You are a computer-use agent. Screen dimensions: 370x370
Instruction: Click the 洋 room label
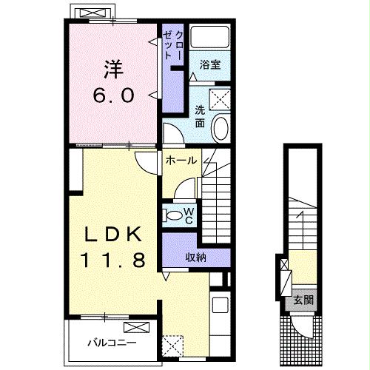coord(113,70)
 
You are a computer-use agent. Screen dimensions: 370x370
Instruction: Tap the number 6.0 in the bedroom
coord(114,95)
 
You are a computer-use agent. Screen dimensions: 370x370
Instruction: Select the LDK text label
coord(113,234)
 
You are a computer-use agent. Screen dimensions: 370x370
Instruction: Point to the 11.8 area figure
coord(113,260)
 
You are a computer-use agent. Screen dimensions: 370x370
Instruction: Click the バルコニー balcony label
coord(112,343)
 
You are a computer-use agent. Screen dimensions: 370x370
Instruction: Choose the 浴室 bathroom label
coord(210,64)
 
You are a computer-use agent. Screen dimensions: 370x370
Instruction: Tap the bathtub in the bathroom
coord(210,37)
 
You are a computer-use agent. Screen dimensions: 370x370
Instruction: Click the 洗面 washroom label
coord(200,116)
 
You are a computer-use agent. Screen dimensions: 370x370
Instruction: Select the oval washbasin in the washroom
coord(221,128)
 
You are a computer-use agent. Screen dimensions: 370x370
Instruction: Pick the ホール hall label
coord(181,161)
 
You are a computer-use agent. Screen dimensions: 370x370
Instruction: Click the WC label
coord(189,215)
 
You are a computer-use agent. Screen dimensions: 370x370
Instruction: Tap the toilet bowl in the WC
coord(175,215)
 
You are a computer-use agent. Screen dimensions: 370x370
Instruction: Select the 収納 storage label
coord(195,258)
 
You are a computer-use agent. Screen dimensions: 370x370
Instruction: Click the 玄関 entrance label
coord(303,300)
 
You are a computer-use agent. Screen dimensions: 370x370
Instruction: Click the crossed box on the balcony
coord(137,327)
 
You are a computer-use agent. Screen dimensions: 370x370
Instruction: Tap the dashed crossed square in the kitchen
coord(172,346)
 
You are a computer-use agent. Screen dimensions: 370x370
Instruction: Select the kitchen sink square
coord(220,305)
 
